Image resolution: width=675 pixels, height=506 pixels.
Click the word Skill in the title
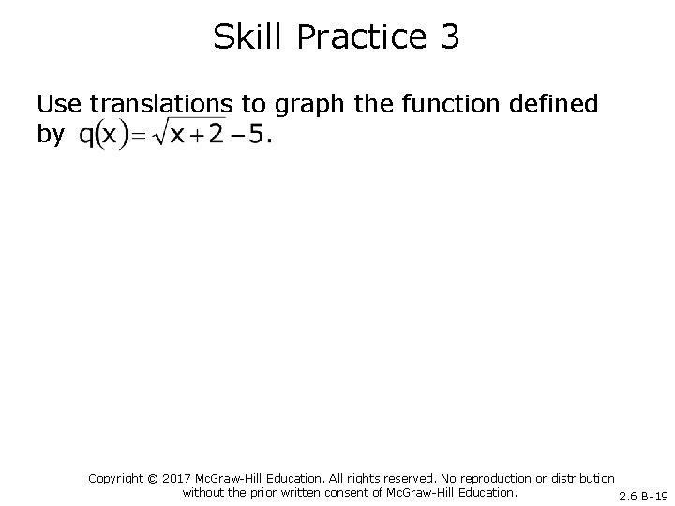pos(243,37)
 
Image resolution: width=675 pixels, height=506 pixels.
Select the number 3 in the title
pos(448,37)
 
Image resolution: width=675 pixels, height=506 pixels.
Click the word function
pos(454,104)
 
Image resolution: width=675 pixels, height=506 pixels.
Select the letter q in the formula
pos(86,137)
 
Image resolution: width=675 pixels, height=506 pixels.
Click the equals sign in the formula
pos(137,138)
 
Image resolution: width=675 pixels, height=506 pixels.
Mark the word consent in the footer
pos(337,492)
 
